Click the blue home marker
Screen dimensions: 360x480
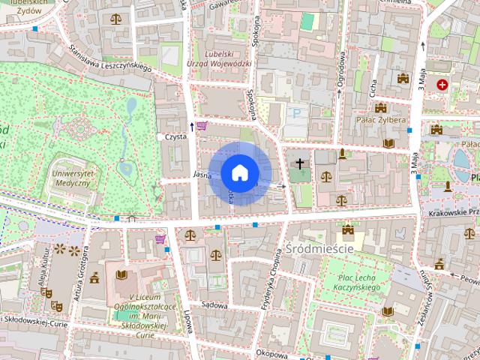pyautogui.click(x=239, y=172)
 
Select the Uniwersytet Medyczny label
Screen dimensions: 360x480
pyautogui.click(x=73, y=178)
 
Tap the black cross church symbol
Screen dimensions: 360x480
pyautogui.click(x=300, y=163)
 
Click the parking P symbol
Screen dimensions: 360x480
pyautogui.click(x=297, y=112)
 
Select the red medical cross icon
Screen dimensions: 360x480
pyautogui.click(x=442, y=85)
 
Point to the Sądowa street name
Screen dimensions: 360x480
pyautogui.click(x=214, y=305)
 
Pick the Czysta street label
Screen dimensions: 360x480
pyautogui.click(x=175, y=137)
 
